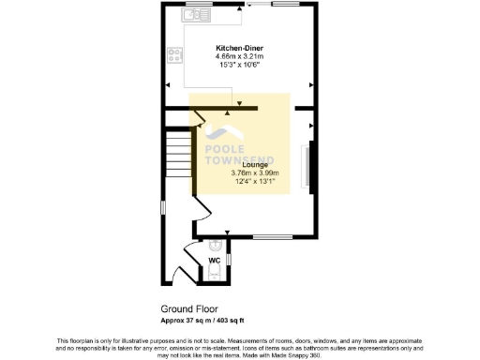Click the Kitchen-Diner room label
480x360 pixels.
pos(239,47)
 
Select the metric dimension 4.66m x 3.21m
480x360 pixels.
pos(239,55)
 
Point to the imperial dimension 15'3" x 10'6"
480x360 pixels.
pos(239,64)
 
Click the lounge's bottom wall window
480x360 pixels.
pos(274,235)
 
